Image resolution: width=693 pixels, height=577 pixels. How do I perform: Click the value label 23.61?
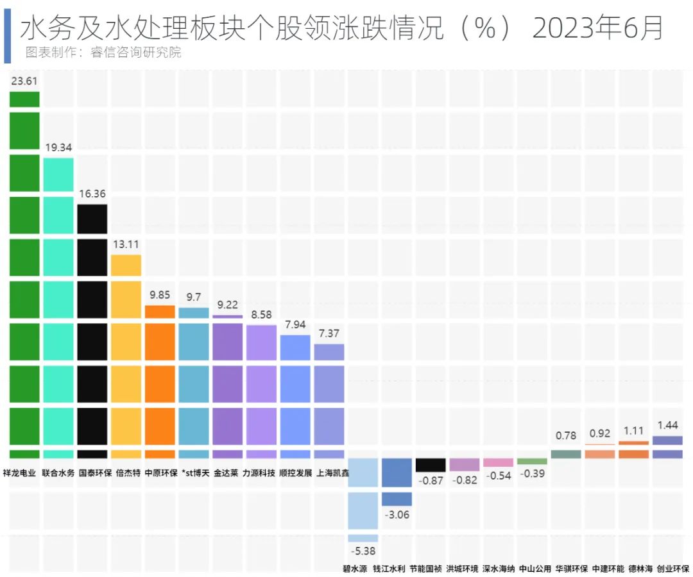click(x=24, y=81)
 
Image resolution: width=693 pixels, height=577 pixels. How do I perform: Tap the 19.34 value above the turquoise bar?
click(x=58, y=147)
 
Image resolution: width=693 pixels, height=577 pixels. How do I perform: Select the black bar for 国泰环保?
click(x=92, y=327)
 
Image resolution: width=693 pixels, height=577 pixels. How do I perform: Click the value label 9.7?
click(x=194, y=297)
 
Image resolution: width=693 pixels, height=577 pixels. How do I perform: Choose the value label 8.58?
click(x=261, y=315)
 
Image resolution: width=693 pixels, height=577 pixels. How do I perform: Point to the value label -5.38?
click(x=363, y=551)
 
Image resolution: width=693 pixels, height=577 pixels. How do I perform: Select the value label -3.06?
click(x=397, y=515)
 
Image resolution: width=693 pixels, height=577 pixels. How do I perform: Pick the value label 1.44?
click(x=667, y=426)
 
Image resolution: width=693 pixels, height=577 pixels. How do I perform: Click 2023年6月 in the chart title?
click(x=597, y=28)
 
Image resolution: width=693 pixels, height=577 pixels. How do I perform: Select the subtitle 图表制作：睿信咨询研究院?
click(x=103, y=53)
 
